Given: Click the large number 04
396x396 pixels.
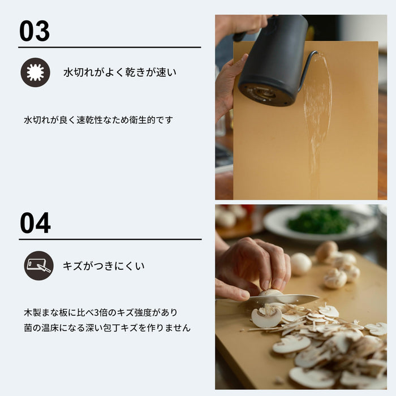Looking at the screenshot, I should (x=35, y=223).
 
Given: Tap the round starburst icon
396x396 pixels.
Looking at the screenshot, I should (x=35, y=72).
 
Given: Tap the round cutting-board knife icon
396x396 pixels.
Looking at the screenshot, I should (x=38, y=265).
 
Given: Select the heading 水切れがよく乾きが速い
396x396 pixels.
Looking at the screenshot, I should (x=120, y=72).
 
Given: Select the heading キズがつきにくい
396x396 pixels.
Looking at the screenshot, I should (x=104, y=265).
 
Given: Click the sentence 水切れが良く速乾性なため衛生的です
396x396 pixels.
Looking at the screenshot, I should (x=98, y=120).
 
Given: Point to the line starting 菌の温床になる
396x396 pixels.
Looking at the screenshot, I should (x=107, y=328).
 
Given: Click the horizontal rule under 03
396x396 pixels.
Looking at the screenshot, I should (x=110, y=47).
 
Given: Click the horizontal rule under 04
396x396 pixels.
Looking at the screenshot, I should (x=110, y=239).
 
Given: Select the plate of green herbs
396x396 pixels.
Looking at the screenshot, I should (x=320, y=221).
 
